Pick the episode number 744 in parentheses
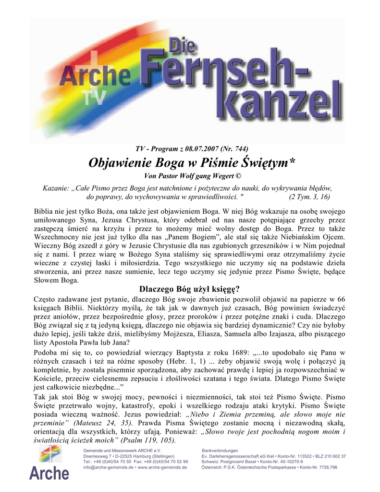pos(236,148)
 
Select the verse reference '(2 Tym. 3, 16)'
pos(309,197)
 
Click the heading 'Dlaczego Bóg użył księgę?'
pos(189,290)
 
